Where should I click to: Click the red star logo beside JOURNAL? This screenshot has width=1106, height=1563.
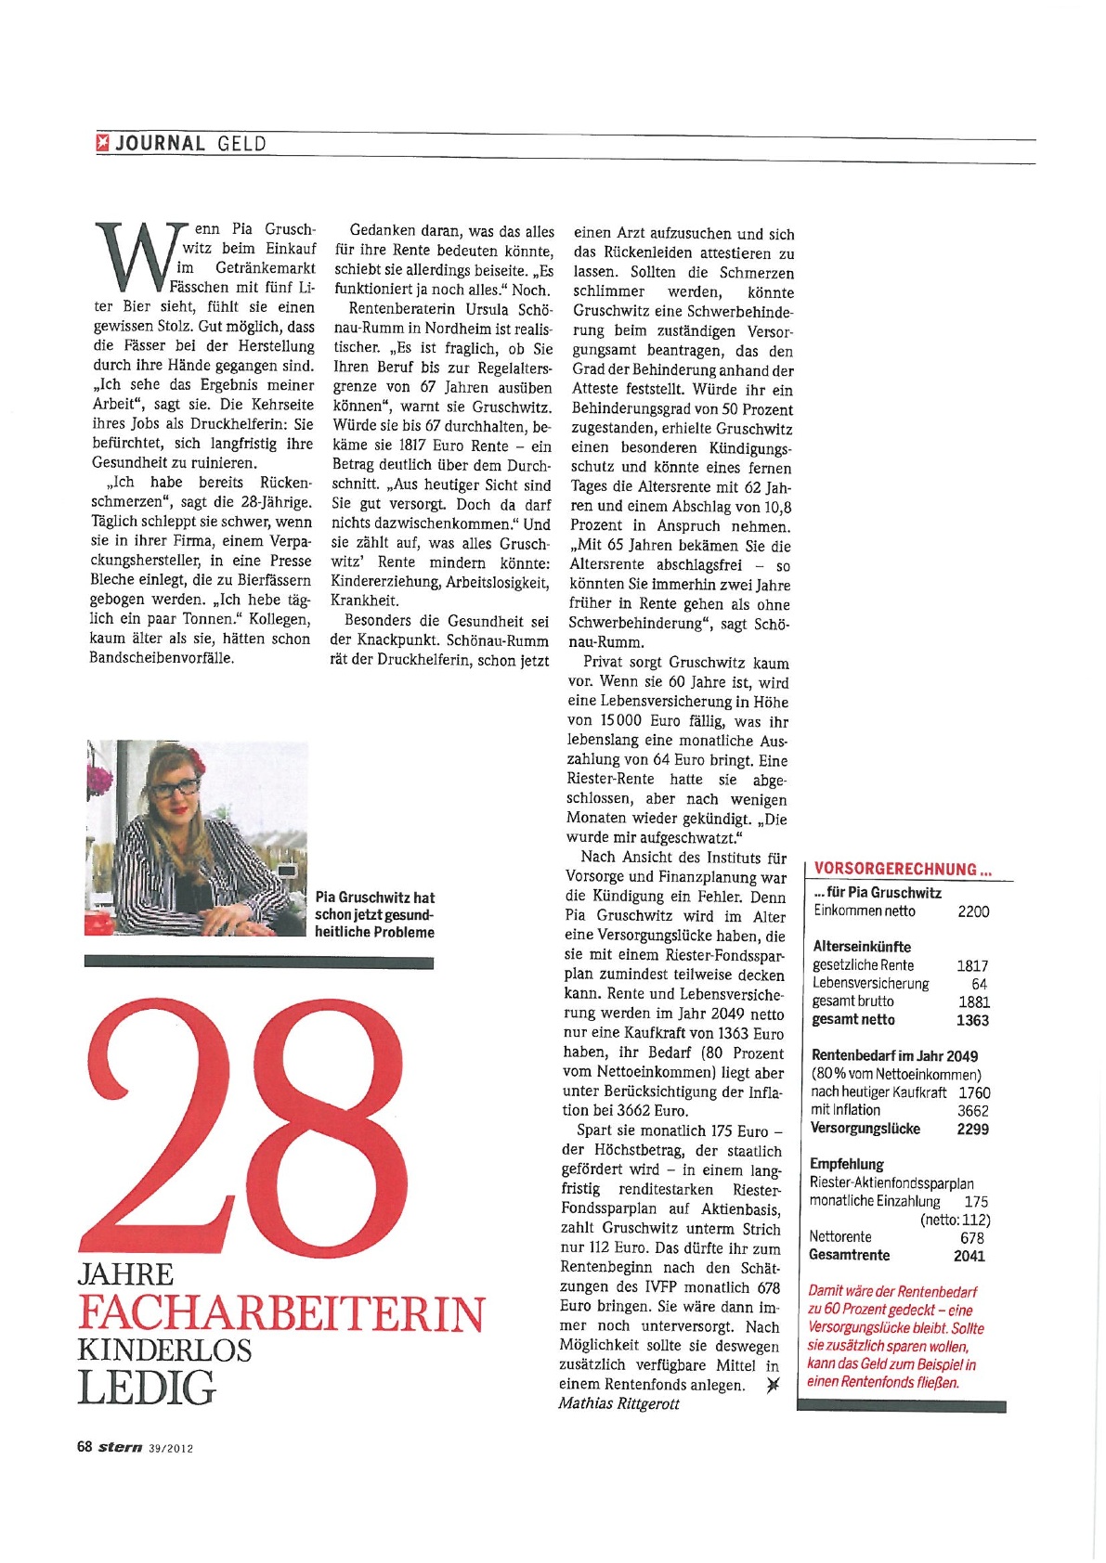[103, 143]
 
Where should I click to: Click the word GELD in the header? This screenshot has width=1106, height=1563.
[241, 144]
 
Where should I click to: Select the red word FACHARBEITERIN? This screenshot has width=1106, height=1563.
[280, 1313]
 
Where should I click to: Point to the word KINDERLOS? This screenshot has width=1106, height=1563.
[164, 1350]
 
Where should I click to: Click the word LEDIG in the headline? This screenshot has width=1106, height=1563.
[146, 1388]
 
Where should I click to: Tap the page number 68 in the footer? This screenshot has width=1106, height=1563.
[85, 1447]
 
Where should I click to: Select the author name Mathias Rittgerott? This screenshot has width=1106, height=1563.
[618, 1403]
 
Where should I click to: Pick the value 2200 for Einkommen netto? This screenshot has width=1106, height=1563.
[973, 911]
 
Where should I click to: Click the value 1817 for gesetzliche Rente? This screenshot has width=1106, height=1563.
[972, 965]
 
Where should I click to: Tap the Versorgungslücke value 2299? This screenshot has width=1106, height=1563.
[972, 1129]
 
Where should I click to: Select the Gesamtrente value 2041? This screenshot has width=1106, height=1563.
[969, 1256]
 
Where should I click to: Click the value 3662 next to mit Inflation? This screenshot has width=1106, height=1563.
[972, 1110]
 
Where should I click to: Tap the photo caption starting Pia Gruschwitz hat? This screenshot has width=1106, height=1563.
[374, 914]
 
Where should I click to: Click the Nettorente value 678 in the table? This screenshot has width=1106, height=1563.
[972, 1237]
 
